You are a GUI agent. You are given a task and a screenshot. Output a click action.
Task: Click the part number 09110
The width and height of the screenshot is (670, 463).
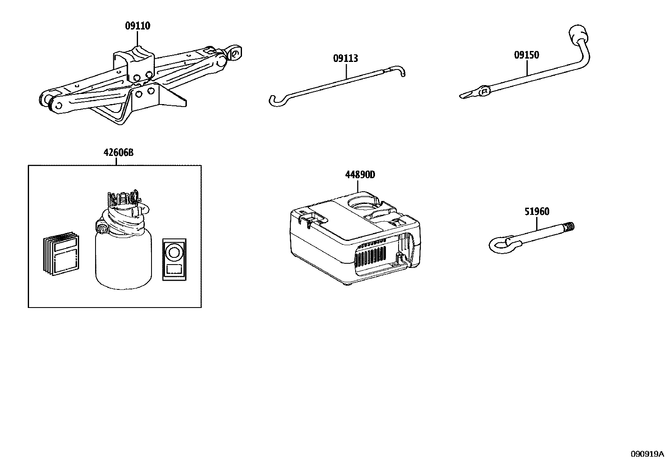pos(138,26)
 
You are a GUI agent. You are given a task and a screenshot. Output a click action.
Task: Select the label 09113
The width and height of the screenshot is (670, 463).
pos(346,59)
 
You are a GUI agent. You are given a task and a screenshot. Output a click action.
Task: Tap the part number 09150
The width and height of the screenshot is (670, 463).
pos(526,55)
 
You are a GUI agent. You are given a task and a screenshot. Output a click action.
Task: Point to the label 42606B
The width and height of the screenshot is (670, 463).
pos(118,153)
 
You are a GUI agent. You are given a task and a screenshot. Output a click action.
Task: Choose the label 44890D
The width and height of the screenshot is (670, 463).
pos(360,175)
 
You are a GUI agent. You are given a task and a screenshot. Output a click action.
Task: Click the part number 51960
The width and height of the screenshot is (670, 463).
pos(537,212)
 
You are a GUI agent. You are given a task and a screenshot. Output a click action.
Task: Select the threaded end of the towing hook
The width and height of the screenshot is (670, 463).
pos(568,227)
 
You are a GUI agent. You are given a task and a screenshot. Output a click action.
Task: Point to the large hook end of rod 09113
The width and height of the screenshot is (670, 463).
pos(276,101)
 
